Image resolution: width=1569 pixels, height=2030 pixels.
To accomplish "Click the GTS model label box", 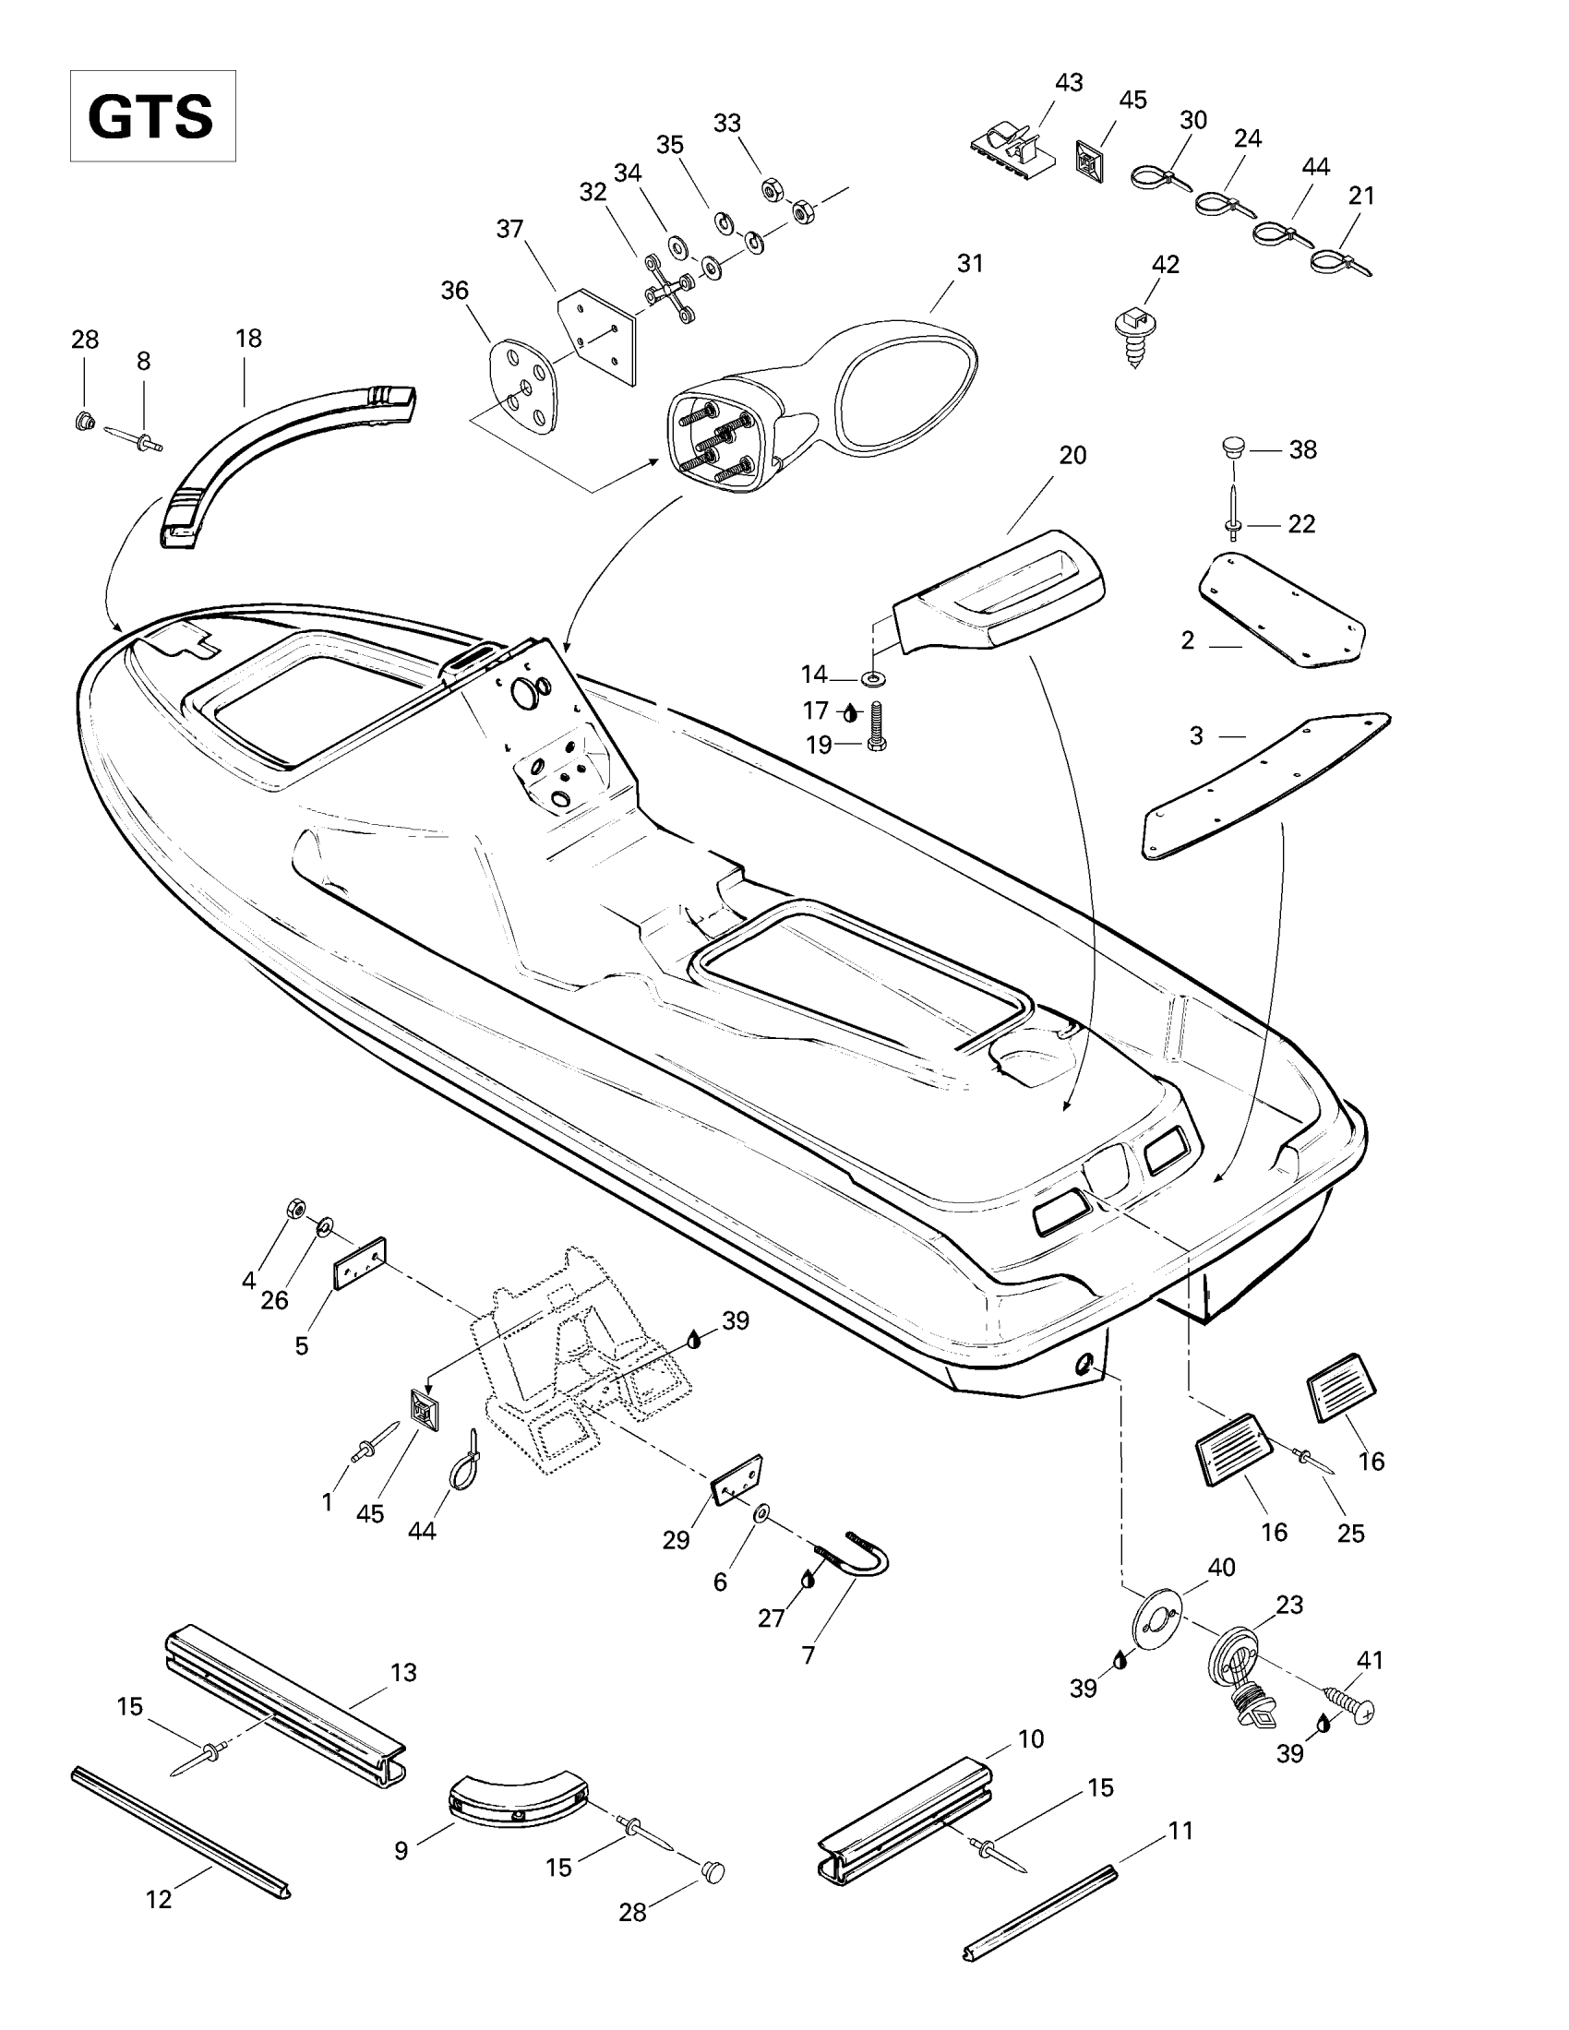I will [x=152, y=116].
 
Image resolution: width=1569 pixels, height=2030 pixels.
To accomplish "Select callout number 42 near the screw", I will [x=1165, y=265].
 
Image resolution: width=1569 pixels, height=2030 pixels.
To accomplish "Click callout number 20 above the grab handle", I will [x=1072, y=456].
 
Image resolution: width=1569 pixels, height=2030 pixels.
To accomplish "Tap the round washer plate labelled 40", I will [x=1157, y=1618].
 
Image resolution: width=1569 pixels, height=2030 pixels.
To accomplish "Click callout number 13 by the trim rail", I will [x=403, y=1673].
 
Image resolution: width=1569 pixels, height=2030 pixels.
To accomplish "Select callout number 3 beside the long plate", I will [x=1196, y=736].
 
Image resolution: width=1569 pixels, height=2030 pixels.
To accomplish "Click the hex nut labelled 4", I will [x=294, y=1210].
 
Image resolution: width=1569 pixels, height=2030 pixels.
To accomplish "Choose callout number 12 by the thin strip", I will [x=159, y=1900].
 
